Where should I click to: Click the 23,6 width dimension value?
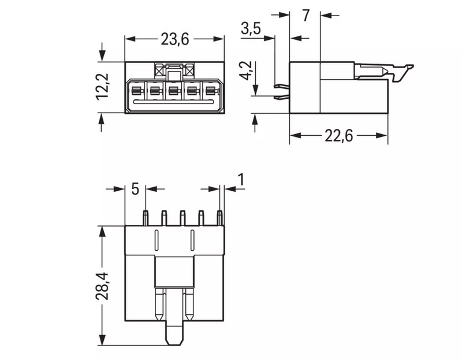coord(174,39)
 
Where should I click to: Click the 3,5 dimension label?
coord(252,29)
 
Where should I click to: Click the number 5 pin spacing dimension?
coord(135,189)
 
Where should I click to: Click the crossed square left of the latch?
coord(161,70)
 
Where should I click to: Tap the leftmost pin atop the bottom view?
coord(146,218)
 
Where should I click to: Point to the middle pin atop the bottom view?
coord(182,218)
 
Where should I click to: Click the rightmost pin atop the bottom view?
coord(219,218)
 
